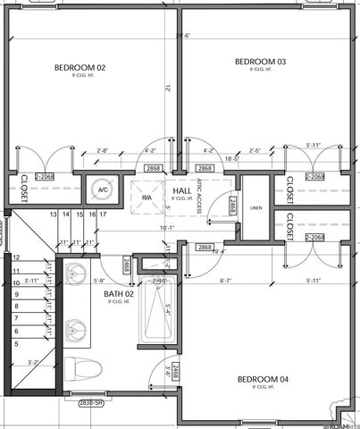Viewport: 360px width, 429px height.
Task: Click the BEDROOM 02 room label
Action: coord(80,68)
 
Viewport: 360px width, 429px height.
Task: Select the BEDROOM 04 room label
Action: coord(263,380)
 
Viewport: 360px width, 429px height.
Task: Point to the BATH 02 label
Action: coord(119,294)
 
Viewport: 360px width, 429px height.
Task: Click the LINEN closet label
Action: coord(256,208)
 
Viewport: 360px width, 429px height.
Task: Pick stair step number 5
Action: coord(16,343)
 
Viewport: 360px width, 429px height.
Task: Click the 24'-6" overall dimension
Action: coord(184,36)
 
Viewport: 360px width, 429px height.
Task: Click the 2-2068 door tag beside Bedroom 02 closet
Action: coord(46,177)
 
